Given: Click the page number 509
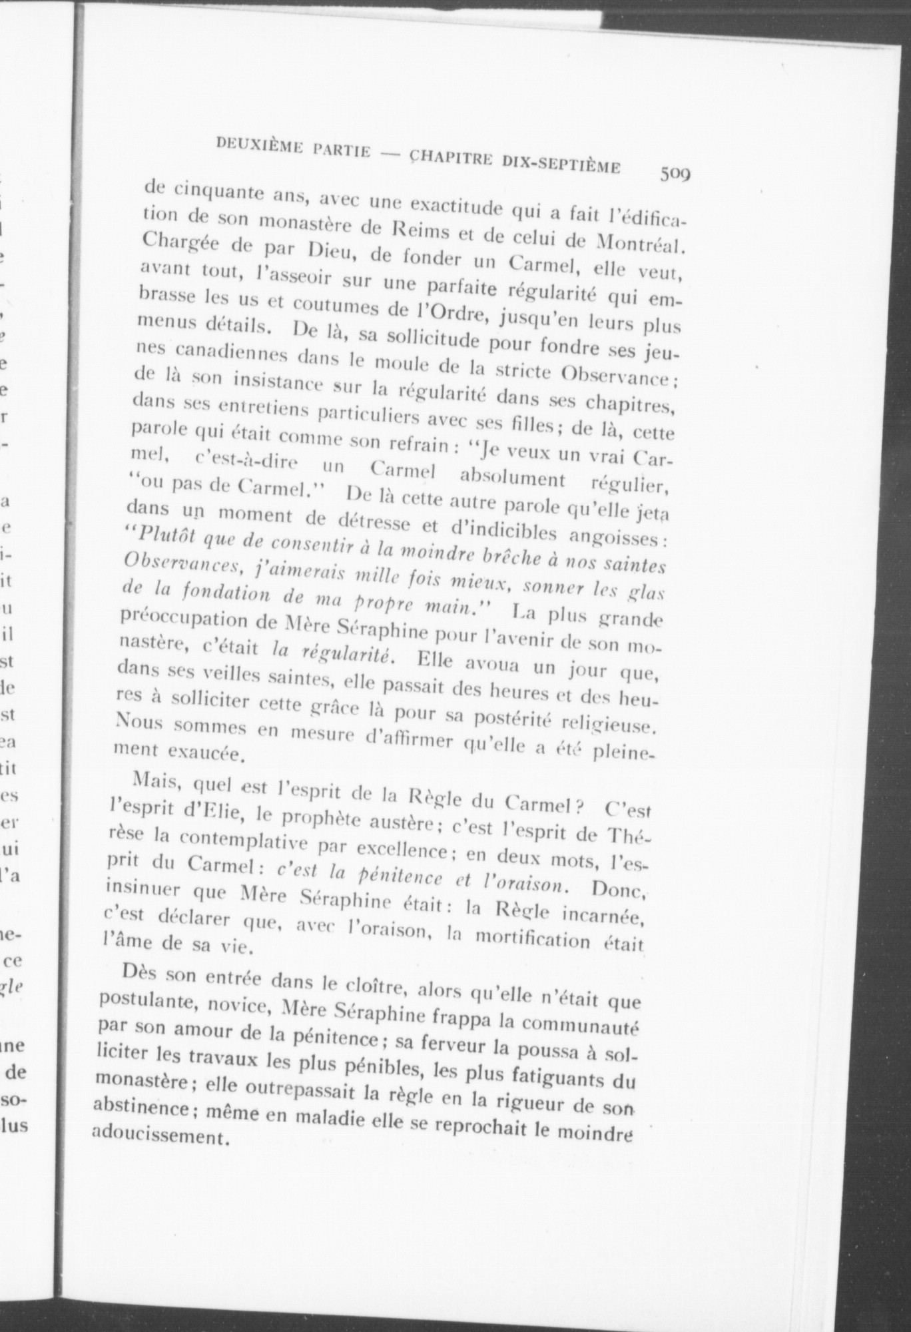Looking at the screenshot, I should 675,174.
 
